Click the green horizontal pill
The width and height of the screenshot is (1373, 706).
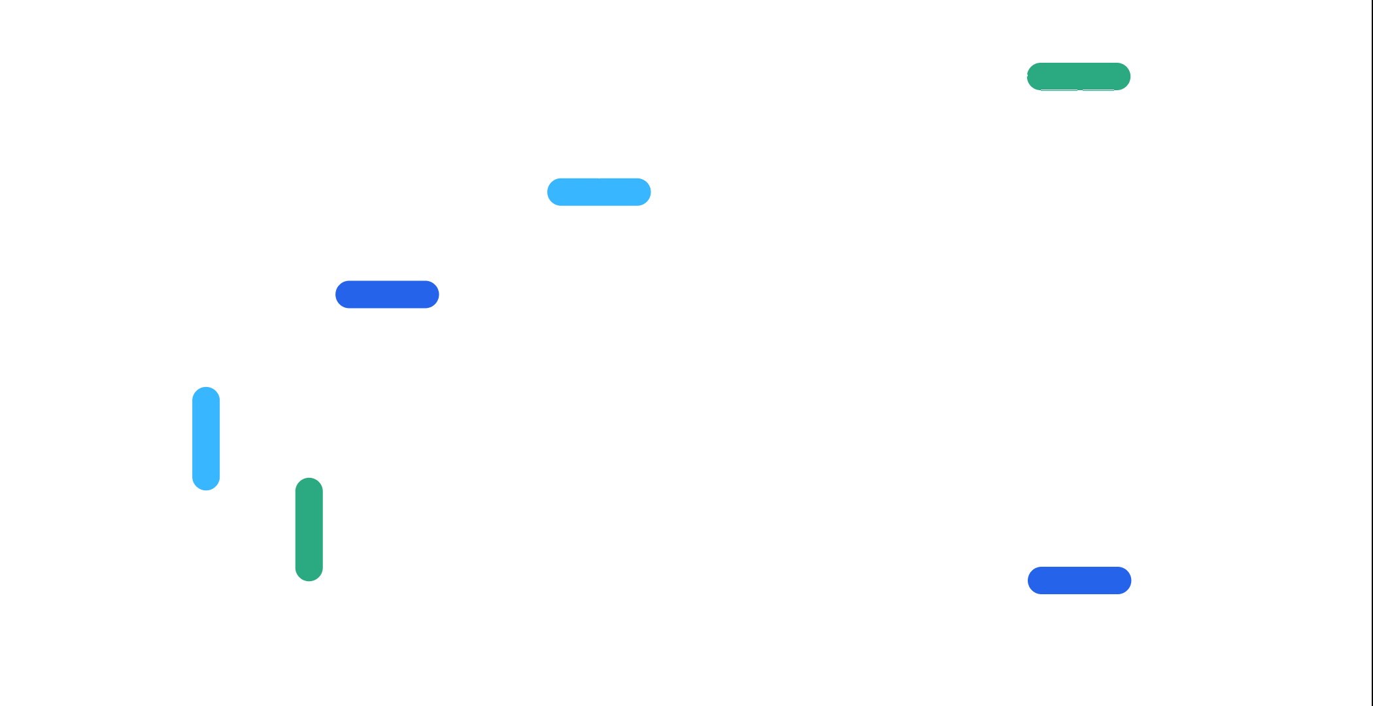pos(1079,76)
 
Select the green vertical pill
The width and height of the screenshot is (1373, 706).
pos(309,529)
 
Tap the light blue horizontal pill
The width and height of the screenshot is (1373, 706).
pos(599,192)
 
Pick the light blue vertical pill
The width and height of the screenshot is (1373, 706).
pos(206,438)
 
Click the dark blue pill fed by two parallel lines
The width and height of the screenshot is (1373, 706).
pos(387,294)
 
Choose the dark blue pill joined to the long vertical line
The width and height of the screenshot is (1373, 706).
pos(1079,580)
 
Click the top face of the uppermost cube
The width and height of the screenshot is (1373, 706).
pos(818,270)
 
